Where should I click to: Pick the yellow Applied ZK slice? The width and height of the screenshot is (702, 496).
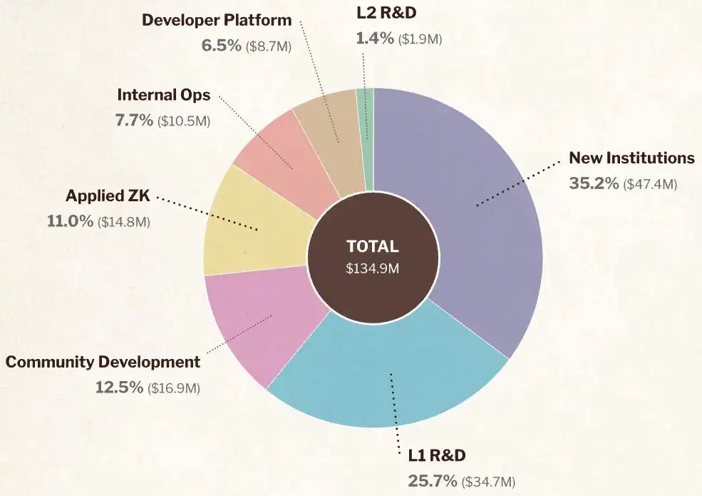[x=246, y=228]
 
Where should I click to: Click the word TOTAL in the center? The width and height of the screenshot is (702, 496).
[x=372, y=246]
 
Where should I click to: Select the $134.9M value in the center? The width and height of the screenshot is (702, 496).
[x=372, y=270]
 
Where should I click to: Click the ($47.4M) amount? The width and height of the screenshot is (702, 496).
[x=649, y=184]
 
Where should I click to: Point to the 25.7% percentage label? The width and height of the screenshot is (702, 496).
[x=432, y=480]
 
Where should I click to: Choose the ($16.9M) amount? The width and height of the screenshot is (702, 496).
[x=173, y=388]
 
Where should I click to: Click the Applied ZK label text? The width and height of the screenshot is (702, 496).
[x=108, y=196]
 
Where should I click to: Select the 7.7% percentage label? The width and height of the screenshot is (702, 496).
[x=134, y=121]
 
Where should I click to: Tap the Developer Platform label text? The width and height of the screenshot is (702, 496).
[x=217, y=19]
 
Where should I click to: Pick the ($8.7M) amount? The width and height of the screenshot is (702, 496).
[x=267, y=46]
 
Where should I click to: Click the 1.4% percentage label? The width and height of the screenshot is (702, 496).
[x=375, y=39]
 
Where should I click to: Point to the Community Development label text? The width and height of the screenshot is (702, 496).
[x=103, y=362]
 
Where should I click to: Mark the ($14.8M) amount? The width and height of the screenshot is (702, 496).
[x=124, y=222]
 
